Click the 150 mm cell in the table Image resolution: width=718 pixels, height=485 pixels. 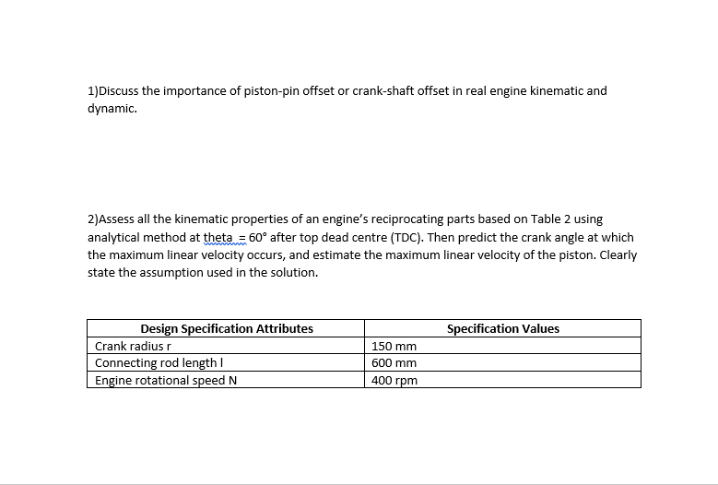pos(394,347)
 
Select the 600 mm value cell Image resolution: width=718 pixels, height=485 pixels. pos(394,363)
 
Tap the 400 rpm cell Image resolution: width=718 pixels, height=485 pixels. pos(394,380)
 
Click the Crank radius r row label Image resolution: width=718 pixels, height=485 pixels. pos(130,347)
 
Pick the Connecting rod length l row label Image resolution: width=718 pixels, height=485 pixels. pos(155,363)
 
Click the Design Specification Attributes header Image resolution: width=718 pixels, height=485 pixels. pos(226,329)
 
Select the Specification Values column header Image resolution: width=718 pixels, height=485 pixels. pos(502,329)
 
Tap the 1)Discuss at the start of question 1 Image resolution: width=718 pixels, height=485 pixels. pos(113,91)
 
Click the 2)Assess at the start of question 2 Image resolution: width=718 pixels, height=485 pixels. pos(111,219)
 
